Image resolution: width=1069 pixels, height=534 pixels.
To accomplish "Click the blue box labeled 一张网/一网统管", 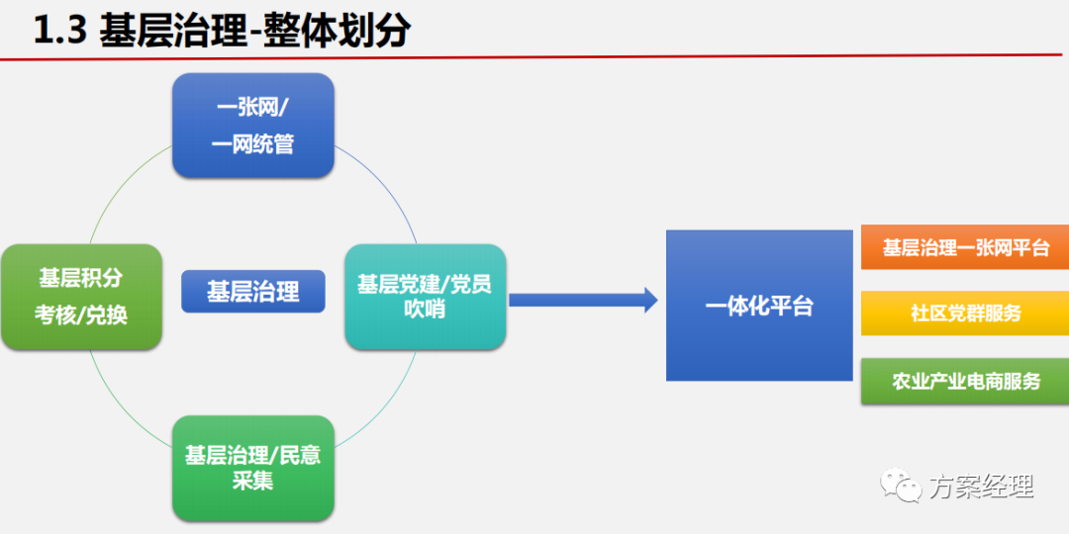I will [253, 126].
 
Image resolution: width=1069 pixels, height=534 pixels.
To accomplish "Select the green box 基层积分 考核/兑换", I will [81, 297].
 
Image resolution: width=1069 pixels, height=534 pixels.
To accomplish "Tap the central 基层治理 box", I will [252, 292].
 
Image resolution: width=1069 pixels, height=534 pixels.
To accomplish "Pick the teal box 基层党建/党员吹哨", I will [425, 297].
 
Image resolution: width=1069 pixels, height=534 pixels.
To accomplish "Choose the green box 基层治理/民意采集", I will [252, 468].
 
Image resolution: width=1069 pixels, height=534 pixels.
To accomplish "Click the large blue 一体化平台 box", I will [759, 306].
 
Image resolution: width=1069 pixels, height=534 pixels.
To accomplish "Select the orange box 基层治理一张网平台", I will [965, 248].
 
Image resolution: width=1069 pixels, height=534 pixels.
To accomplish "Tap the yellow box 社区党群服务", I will [965, 313].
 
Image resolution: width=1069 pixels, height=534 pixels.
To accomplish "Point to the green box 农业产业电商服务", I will [965, 381].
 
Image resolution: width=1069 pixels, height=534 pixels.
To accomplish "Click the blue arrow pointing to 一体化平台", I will [584, 300].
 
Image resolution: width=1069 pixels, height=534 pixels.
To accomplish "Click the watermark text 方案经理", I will [980, 487].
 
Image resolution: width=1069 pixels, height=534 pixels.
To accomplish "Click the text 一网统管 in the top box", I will [253, 144].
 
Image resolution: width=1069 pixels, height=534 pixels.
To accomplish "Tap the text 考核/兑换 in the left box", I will [81, 315].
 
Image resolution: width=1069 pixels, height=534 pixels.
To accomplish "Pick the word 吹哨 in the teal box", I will [425, 310].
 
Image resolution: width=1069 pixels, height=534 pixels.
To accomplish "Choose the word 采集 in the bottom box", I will [252, 482].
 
